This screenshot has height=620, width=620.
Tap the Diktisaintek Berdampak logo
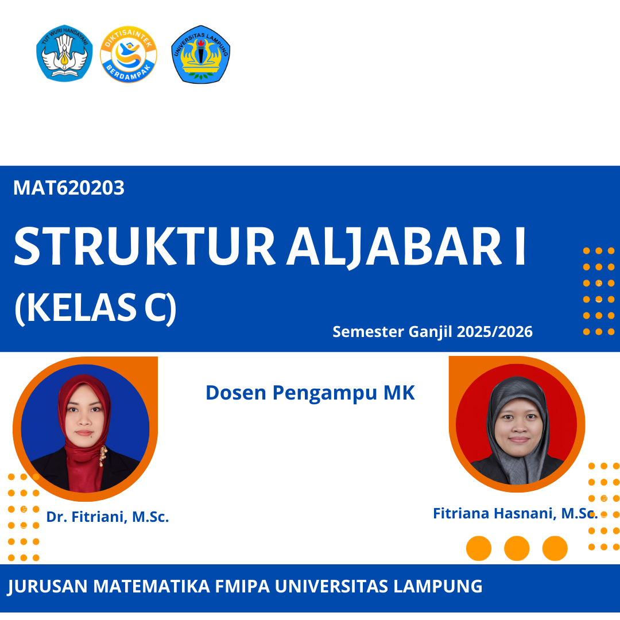128,55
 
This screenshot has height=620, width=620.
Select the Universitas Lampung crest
200,55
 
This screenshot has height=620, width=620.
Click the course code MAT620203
69,188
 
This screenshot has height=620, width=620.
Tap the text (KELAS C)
95,308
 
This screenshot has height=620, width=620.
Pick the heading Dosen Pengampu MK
310,393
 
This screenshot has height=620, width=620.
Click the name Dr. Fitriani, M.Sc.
108,517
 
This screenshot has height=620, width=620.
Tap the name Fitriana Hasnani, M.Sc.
515,513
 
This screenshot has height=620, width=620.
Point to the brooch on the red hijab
103,455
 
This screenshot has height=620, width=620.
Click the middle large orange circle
517,548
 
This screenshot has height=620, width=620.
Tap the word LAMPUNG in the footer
438,587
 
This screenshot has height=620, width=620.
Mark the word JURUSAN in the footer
48,587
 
